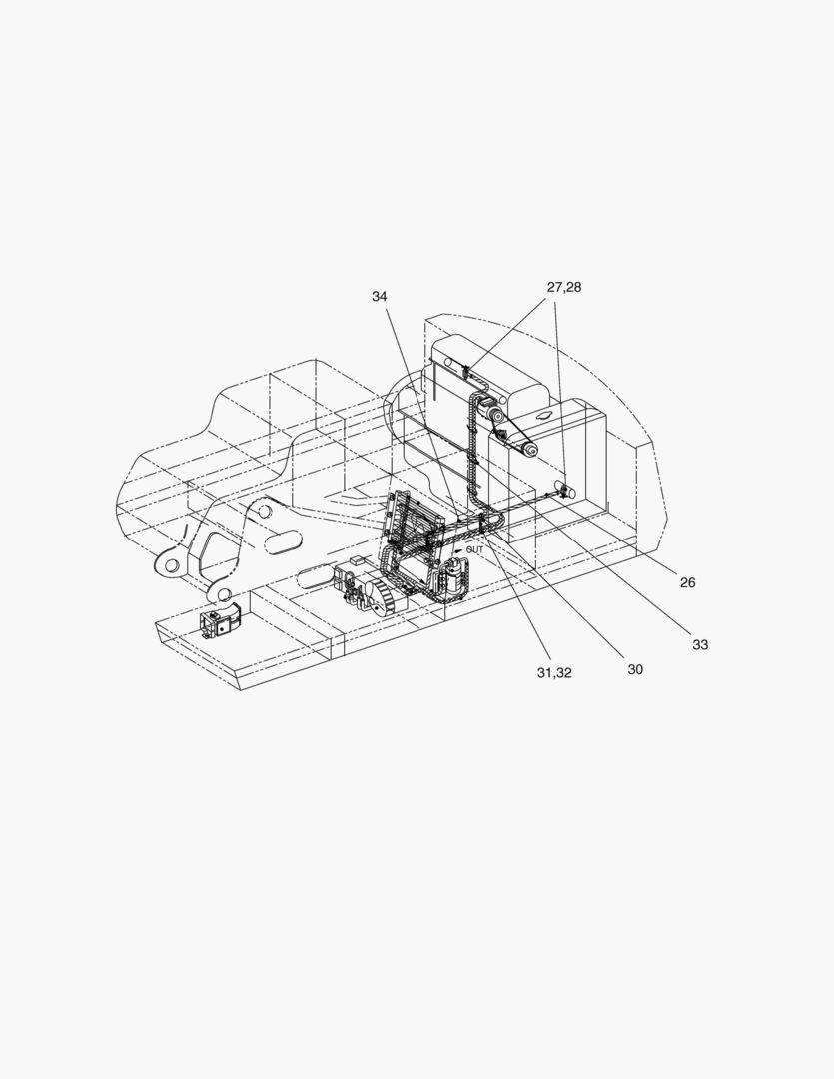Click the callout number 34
(380, 297)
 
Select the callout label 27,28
(564, 287)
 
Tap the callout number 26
(687, 582)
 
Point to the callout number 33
(700, 644)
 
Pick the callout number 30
(635, 669)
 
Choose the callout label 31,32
(554, 673)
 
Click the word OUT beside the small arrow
(474, 549)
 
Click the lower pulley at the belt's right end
(531, 450)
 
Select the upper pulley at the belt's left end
(495, 415)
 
